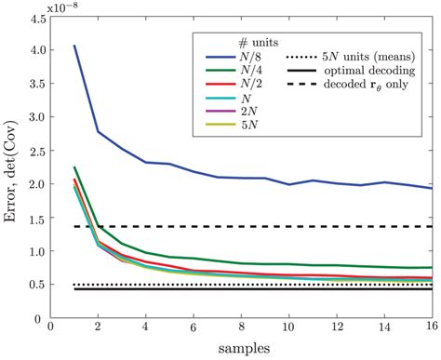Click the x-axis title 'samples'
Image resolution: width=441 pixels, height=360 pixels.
(240, 350)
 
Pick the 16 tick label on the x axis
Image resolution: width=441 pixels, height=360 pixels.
(433, 328)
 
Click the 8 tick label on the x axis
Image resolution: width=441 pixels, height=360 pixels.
(240, 328)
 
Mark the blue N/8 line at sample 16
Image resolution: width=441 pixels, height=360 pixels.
(432, 189)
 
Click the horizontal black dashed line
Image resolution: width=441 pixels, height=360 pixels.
(279, 226)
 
